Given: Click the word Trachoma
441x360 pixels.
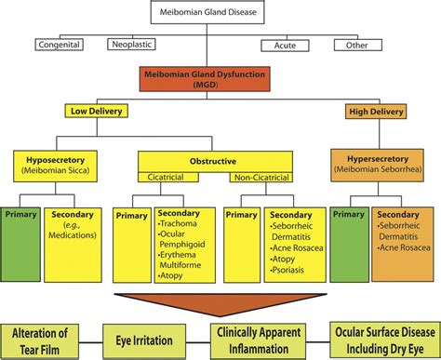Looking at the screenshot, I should point(180,225).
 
